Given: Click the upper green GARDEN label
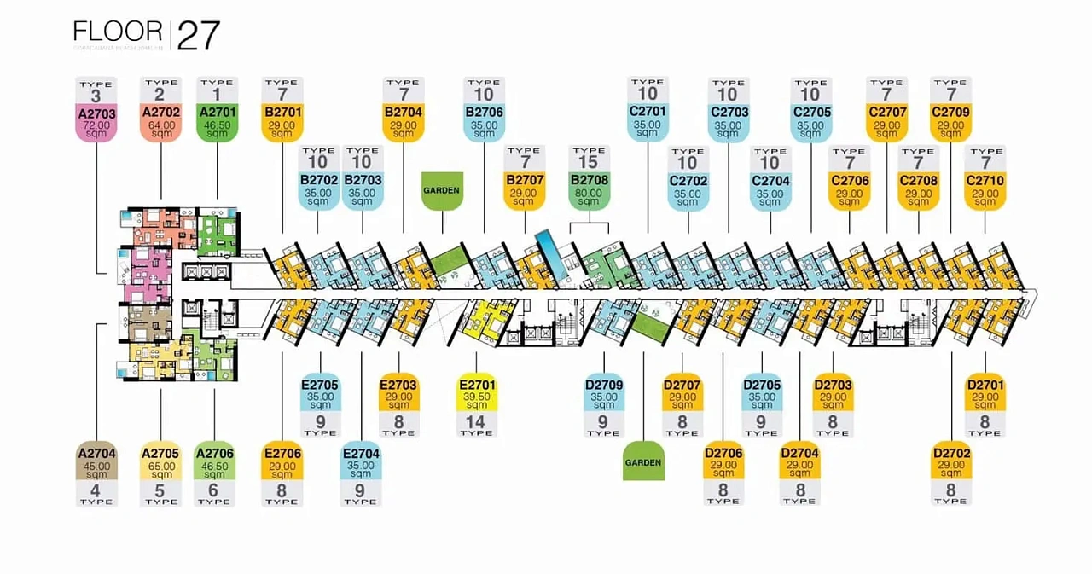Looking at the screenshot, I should (441, 190).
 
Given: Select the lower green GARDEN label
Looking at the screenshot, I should (643, 462).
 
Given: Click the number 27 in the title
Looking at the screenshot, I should (199, 36).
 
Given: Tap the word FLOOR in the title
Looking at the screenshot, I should (118, 32).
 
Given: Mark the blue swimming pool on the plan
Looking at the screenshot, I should (549, 252).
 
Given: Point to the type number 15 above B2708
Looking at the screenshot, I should (590, 163).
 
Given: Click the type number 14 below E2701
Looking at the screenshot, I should (476, 420).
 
